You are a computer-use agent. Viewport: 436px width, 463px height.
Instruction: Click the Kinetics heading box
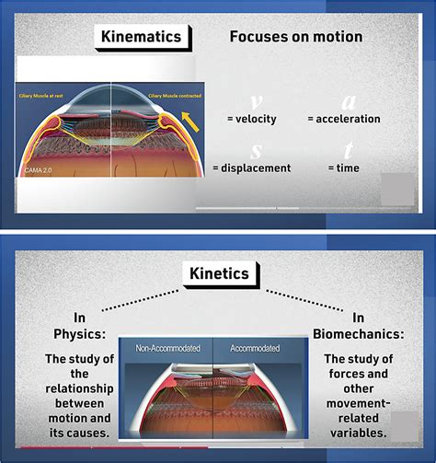[x=220, y=273]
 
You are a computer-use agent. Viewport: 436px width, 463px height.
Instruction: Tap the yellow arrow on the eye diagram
[x=189, y=119]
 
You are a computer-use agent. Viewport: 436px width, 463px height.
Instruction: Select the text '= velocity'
[x=251, y=119]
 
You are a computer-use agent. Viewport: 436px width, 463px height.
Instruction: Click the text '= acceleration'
[x=343, y=119]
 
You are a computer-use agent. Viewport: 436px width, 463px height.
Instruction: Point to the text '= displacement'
[x=251, y=168]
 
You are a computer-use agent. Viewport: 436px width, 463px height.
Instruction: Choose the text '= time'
[x=343, y=168]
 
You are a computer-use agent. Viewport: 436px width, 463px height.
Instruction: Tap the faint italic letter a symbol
[x=348, y=102]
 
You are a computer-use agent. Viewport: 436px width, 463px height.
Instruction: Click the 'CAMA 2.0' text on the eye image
[x=40, y=172]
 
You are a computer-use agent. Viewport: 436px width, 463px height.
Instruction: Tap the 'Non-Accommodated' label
[x=166, y=349]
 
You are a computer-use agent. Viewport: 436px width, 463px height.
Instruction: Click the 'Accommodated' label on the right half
[x=255, y=349]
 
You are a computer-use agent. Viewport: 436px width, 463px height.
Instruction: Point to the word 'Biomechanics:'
[x=372, y=335]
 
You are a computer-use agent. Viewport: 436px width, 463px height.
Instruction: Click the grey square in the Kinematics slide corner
[x=398, y=190]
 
